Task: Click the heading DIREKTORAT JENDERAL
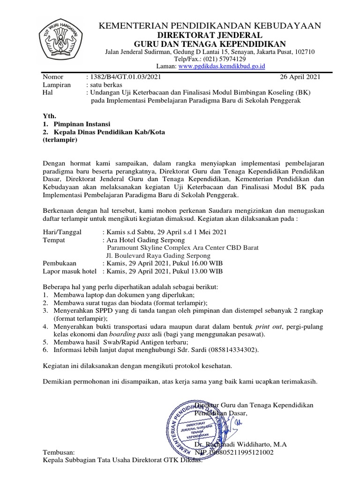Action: (209, 35)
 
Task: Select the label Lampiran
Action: (57, 85)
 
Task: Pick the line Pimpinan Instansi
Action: (82, 124)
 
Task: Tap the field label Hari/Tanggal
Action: (62, 232)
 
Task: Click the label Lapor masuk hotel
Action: (69, 271)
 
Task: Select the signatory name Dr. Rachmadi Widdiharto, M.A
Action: (240, 444)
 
